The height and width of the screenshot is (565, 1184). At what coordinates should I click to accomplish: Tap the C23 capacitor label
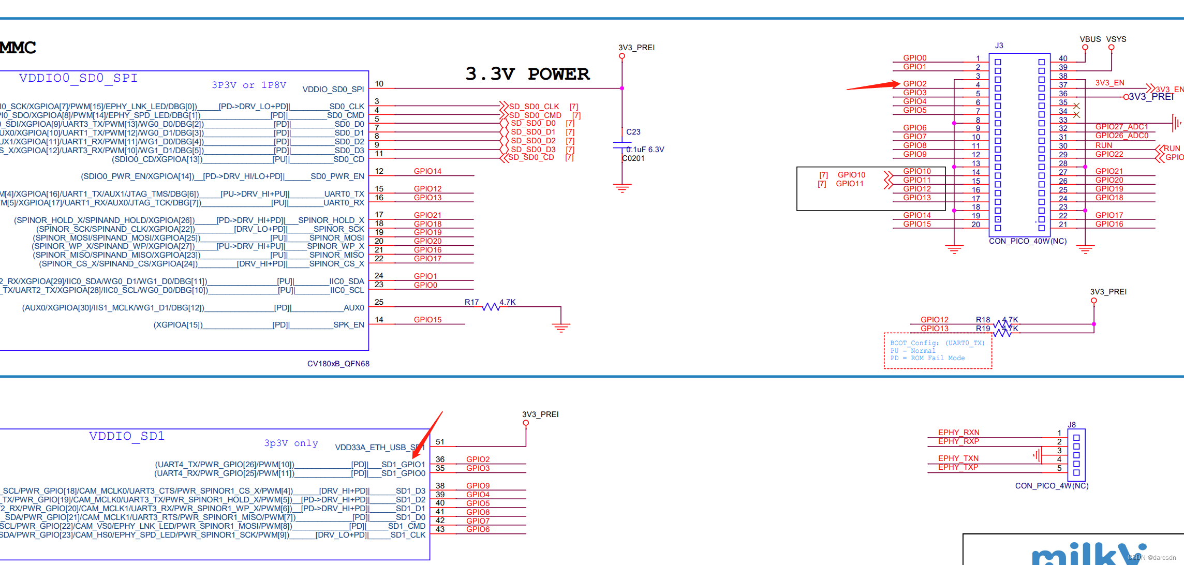633,132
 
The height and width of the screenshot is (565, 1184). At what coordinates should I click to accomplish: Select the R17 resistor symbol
491,307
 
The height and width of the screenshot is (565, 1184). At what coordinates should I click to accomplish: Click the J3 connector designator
999,46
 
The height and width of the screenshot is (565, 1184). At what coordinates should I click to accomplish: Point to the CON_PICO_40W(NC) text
1027,241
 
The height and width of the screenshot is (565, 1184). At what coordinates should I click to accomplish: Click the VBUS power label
1090,39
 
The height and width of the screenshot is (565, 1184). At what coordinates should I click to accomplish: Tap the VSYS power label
1116,39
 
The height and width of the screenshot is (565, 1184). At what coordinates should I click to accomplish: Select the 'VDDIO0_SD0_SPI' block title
78,78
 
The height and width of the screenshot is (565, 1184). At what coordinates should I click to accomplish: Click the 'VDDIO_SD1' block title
127,436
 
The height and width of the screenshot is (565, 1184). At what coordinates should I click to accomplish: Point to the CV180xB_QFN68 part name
338,364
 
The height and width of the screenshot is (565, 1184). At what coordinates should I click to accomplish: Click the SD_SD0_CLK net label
534,107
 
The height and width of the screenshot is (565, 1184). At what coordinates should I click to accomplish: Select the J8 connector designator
1071,425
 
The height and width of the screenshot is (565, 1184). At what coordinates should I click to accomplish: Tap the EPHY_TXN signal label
958,458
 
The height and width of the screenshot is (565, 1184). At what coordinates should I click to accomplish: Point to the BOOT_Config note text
937,343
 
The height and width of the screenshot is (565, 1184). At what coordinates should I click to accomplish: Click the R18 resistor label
982,320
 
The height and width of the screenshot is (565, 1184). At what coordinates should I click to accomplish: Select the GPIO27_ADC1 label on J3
1121,127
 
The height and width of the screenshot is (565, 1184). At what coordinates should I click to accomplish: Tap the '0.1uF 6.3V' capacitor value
645,150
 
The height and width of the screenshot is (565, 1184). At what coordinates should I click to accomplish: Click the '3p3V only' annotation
291,443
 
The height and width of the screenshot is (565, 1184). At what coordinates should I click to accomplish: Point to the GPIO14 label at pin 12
427,171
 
